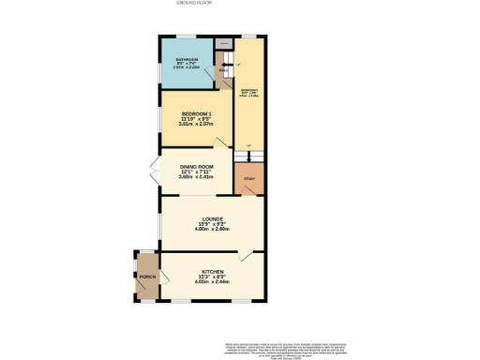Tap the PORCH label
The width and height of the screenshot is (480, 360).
tap(147, 278)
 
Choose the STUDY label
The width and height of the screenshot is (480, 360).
tap(249, 178)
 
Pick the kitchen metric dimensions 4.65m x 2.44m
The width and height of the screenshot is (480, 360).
tap(211, 282)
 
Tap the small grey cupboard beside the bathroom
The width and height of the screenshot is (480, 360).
tap(223, 43)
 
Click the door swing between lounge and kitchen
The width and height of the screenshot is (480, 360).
tap(247, 256)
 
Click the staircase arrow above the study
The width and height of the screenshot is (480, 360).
tap(249, 155)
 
